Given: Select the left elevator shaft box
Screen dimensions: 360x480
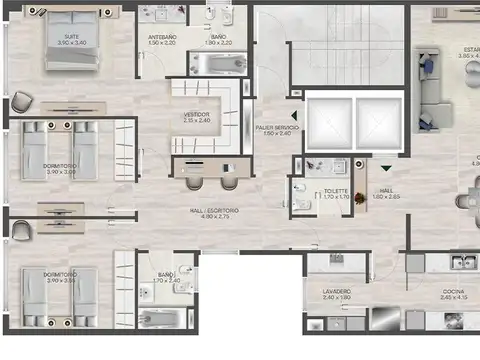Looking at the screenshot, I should point(325,122).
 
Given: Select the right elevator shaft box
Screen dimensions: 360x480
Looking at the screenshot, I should point(375,122).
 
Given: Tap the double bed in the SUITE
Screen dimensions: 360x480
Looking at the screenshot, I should point(70,42).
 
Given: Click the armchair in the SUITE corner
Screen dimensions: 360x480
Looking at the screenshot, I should point(23,100).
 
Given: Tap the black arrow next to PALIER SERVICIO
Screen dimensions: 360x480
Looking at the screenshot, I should point(294,116).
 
